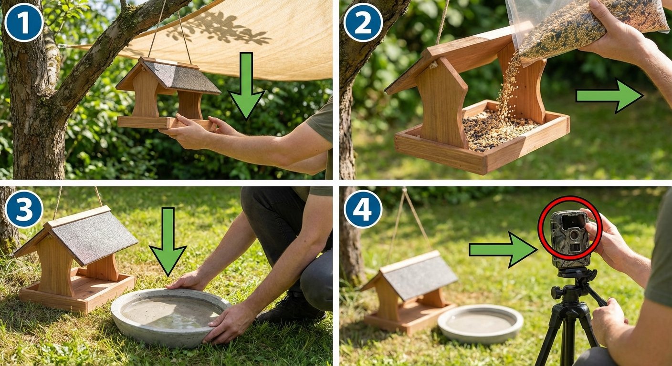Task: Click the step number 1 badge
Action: pos(23,22)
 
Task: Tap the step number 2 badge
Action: pos(363,22)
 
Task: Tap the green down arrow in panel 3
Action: pos(168,241)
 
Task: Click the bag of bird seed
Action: pos(587,24)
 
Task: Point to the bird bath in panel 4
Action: pos(480,324)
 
